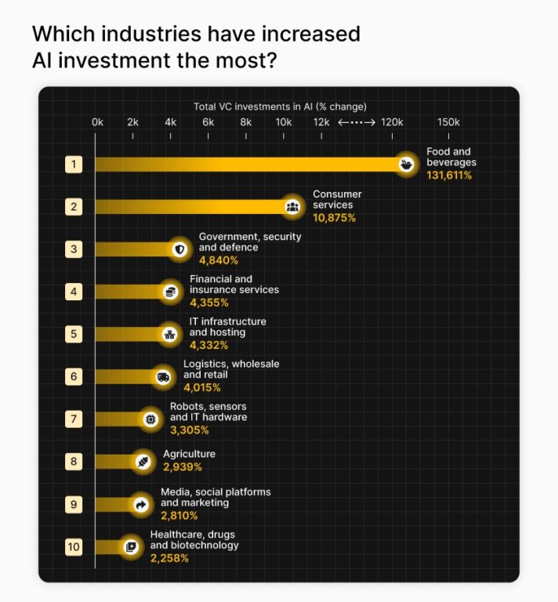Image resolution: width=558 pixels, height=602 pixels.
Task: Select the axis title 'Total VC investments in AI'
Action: coord(280,107)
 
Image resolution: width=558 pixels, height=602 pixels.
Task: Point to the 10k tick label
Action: coord(284,122)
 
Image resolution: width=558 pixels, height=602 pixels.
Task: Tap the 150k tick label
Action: coord(448,122)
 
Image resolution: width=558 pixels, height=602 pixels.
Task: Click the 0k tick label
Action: coord(97,122)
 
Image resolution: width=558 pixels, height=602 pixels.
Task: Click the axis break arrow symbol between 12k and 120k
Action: coord(357,122)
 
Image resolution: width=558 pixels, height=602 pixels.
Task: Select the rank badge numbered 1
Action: coord(74,165)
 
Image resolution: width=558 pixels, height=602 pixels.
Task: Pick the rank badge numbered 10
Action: coord(74,546)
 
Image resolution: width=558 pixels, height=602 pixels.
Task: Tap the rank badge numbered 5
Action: coord(74,334)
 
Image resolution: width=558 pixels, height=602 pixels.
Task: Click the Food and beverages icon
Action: coord(406,165)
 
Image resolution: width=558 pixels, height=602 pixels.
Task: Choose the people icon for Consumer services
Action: coord(292,207)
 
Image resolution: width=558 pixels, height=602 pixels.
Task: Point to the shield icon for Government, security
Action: coord(180,249)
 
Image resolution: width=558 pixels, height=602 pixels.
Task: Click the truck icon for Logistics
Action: coord(163,377)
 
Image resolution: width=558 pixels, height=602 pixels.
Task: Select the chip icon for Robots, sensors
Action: coord(150,419)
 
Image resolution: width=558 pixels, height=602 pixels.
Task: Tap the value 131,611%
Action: coord(449,176)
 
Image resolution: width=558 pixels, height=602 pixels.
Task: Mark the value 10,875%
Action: coord(334,217)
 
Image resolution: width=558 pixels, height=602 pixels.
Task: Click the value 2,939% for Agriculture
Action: coord(183,467)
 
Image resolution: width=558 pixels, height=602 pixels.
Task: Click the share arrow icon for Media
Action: coord(142,504)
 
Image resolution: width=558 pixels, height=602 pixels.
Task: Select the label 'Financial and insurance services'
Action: coord(234,285)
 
